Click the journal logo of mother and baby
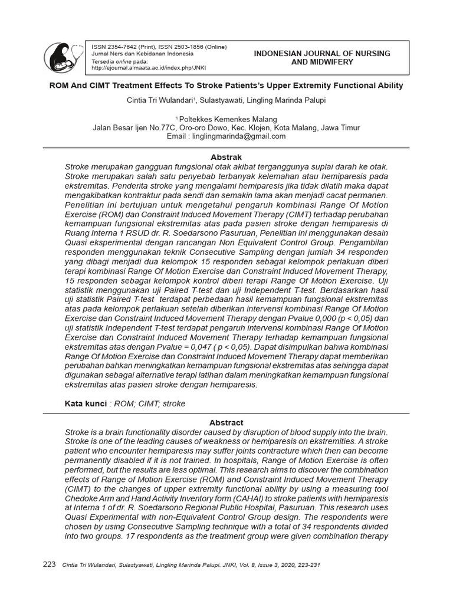click(63, 57)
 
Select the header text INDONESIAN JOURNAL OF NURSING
click(321, 53)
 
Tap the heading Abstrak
click(226, 157)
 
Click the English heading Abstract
click(226, 423)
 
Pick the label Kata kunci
click(86, 403)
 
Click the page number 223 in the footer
click(50, 564)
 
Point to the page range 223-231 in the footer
click(307, 565)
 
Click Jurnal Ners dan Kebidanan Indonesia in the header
click(137, 54)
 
